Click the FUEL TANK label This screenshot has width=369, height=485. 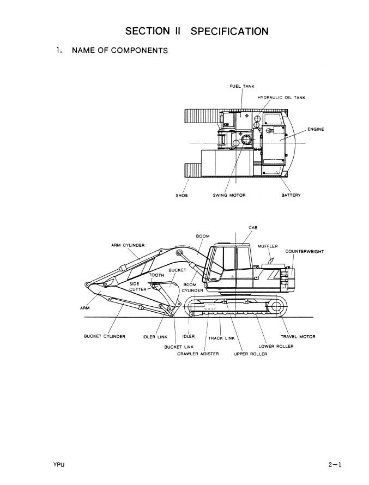pyautogui.click(x=242, y=86)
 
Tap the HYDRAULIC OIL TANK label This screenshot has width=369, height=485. pyautogui.click(x=281, y=98)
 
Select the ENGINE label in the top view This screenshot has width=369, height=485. pyautogui.click(x=316, y=129)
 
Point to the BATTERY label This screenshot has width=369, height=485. pyautogui.click(x=291, y=195)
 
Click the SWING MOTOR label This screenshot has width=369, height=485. pyautogui.click(x=229, y=195)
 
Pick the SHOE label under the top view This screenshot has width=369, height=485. pyautogui.click(x=182, y=196)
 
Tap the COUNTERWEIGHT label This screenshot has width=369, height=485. pyautogui.click(x=304, y=251)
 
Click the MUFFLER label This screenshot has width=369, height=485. pyautogui.click(x=268, y=246)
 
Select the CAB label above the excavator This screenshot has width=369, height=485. pyautogui.click(x=253, y=228)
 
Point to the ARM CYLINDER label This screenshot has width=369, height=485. pyautogui.click(x=128, y=245)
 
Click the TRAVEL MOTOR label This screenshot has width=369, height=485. pyautogui.click(x=298, y=337)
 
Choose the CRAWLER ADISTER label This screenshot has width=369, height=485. pyautogui.click(x=198, y=354)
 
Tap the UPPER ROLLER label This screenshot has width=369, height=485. pyautogui.click(x=250, y=354)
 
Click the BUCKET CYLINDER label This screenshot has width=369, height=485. pyautogui.click(x=105, y=336)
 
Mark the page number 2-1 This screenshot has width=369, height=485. pyautogui.click(x=335, y=464)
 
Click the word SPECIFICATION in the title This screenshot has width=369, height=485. pyautogui.click(x=229, y=31)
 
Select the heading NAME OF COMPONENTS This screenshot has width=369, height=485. pyautogui.click(x=120, y=51)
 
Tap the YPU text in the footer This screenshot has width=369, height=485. pyautogui.click(x=59, y=465)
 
